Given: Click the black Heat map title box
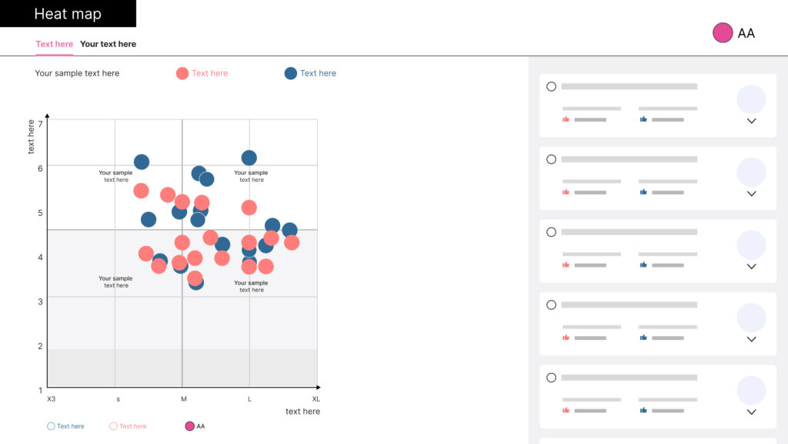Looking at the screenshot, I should (x=68, y=14).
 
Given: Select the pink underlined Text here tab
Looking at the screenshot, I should (x=54, y=44).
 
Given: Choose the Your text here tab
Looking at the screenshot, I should (x=108, y=44).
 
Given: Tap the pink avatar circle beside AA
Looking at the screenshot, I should (x=723, y=32).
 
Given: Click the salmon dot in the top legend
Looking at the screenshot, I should (x=182, y=73).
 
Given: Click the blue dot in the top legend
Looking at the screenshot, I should (x=290, y=73).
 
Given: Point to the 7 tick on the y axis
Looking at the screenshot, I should (x=40, y=123).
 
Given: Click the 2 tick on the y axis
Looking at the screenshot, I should (x=40, y=346).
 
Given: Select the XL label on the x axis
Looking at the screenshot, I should (x=316, y=399).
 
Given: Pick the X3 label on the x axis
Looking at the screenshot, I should (x=51, y=399).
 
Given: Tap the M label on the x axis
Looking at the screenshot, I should (x=183, y=399).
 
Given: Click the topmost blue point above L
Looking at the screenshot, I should (x=249, y=158).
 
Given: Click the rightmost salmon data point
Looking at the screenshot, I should (x=292, y=242).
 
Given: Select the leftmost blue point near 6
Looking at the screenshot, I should (x=142, y=162).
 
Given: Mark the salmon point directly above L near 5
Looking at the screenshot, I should (x=249, y=207).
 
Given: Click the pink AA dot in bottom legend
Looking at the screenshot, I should (x=189, y=426).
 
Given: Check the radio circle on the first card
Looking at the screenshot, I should (x=551, y=86).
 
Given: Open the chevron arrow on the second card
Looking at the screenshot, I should (x=751, y=193).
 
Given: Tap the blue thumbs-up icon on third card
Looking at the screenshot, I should (x=643, y=265).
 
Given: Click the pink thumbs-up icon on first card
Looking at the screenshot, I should (x=566, y=119).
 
